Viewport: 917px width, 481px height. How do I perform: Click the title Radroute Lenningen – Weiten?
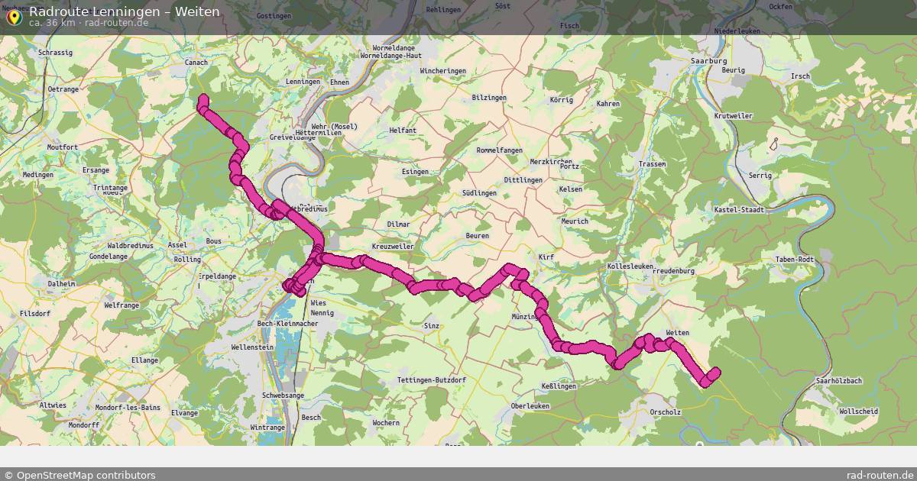(x=125, y=11)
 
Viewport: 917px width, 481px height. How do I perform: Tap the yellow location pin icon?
(x=13, y=16)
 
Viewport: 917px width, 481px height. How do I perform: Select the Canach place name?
(x=196, y=63)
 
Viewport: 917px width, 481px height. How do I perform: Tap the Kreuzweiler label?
(x=392, y=247)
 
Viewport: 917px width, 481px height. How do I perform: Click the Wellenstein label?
(x=252, y=347)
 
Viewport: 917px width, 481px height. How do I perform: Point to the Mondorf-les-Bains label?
(x=122, y=408)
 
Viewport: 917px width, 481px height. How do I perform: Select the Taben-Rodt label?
(x=795, y=260)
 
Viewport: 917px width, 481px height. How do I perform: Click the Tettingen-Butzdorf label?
(x=431, y=380)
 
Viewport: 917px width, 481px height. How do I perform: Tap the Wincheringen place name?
(x=443, y=71)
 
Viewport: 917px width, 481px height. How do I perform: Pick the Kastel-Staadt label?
(x=738, y=209)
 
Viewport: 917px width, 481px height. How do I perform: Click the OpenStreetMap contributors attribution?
(x=79, y=475)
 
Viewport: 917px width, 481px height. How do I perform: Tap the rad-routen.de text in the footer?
(x=880, y=475)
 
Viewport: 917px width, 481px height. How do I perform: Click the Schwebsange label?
(x=283, y=395)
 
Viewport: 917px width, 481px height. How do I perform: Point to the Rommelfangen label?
(x=499, y=150)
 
